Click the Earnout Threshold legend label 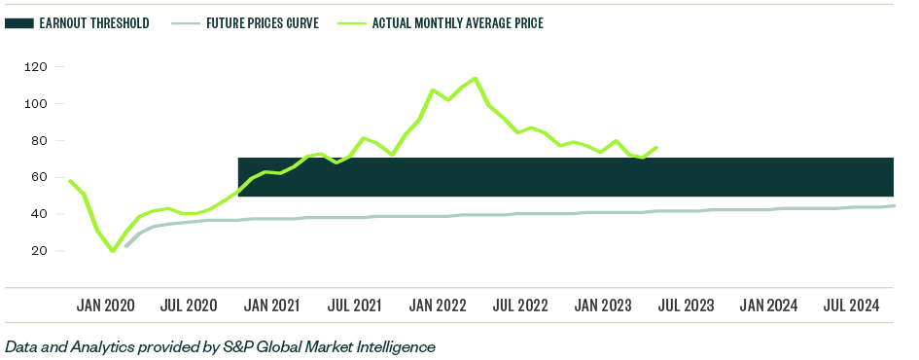coord(94,22)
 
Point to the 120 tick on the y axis coord(38,67)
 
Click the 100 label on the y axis coord(38,104)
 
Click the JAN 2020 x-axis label coord(105,306)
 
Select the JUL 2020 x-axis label coord(188,306)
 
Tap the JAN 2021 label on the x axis coord(271,306)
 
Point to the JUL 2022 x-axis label coord(520,306)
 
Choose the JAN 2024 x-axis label coord(768,306)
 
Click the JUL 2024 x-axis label coord(852,306)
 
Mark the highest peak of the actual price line coord(475,78)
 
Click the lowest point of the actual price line coord(113,251)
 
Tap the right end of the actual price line coord(657,147)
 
